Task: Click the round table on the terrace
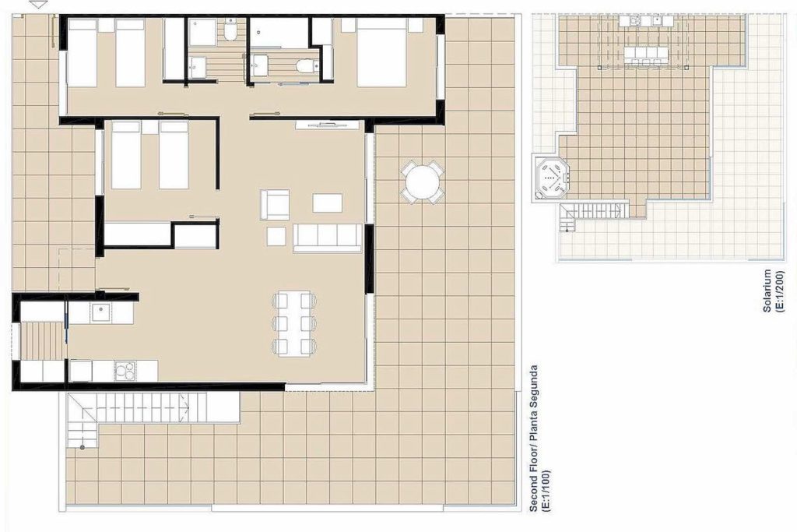click(423, 181)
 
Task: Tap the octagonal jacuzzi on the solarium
click(551, 176)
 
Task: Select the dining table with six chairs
click(293, 323)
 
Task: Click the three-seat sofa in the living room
click(328, 238)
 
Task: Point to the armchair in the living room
click(275, 204)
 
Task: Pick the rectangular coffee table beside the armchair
click(328, 203)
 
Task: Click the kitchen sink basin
click(100, 312)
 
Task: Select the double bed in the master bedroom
click(381, 52)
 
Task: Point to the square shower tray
click(202, 32)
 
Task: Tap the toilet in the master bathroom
click(307, 65)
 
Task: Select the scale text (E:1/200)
click(780, 291)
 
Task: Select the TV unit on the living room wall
click(327, 124)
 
